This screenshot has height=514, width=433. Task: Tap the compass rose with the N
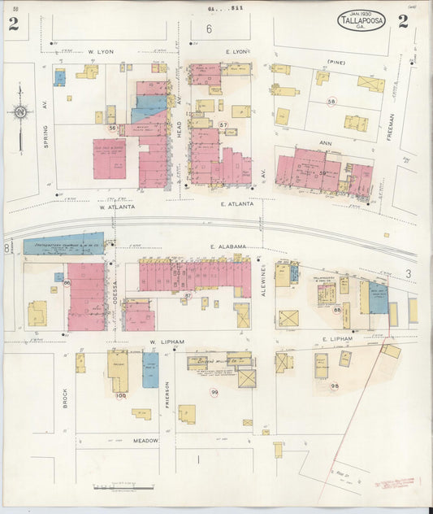[x=19, y=112]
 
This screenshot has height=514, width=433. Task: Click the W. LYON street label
[x=101, y=51]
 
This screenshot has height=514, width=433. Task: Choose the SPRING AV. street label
[x=46, y=137]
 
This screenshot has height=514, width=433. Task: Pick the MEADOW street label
[x=146, y=440]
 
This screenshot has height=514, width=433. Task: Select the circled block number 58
[x=331, y=102]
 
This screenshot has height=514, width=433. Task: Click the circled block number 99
[x=214, y=392]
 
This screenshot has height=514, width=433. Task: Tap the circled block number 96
[x=334, y=385]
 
